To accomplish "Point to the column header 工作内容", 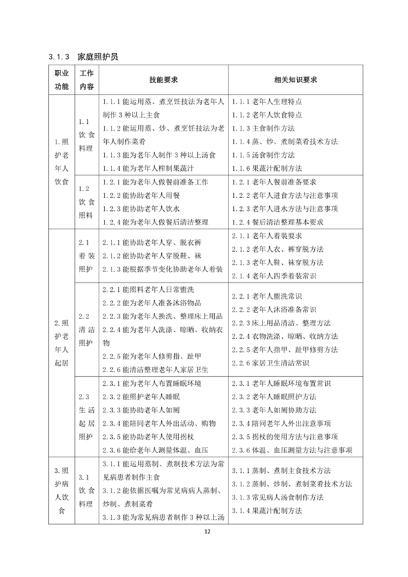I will pyautogui.click(x=86, y=80).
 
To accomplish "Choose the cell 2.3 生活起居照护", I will pyautogui.click(x=86, y=416).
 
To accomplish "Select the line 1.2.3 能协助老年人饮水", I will pyautogui.click(x=146, y=209).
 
